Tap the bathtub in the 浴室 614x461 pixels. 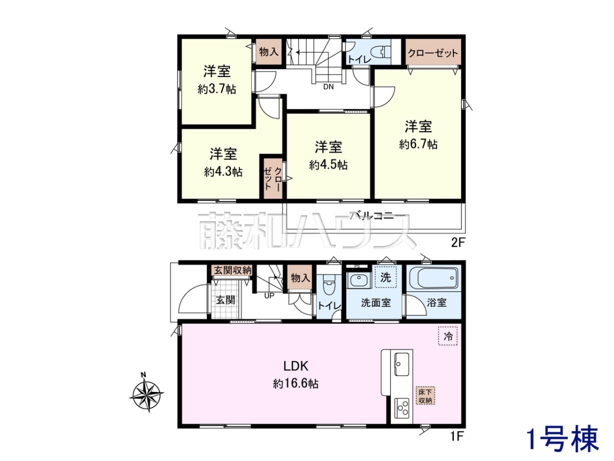[x=433, y=278]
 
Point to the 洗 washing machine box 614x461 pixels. [x=385, y=277]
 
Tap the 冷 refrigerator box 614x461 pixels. [x=448, y=336]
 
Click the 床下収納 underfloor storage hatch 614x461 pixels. [x=425, y=396]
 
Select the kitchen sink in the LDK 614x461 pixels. [x=402, y=364]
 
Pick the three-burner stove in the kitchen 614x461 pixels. [x=402, y=408]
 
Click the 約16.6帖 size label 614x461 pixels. [x=296, y=384]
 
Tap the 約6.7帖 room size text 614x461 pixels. [x=418, y=144]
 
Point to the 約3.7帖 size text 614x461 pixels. [x=217, y=89]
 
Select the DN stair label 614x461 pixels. [x=328, y=87]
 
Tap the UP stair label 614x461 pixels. [x=269, y=296]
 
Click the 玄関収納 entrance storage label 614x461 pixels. [x=233, y=270]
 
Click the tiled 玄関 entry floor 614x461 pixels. [x=226, y=300]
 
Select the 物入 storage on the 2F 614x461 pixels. [x=269, y=52]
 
